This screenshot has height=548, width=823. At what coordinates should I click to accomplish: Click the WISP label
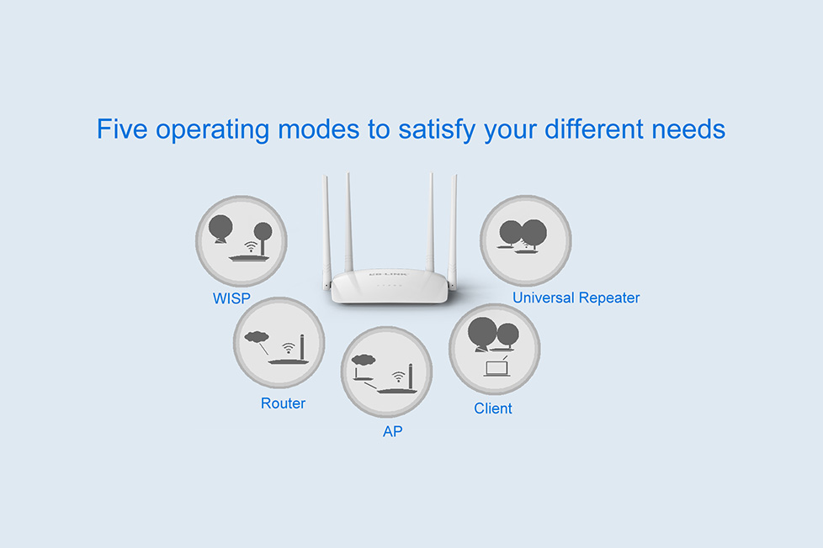pos(231,298)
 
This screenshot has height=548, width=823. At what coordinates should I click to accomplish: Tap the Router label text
pos(283,403)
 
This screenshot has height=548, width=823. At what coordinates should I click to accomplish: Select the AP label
pos(393,431)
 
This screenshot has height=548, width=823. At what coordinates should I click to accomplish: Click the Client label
pos(493,408)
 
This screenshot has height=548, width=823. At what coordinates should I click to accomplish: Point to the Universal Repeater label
pos(576,298)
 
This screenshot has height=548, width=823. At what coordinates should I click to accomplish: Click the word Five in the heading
pos(122,129)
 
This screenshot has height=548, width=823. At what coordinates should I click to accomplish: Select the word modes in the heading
pos(319,129)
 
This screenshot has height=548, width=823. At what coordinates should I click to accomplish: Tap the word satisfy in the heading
pos(437,130)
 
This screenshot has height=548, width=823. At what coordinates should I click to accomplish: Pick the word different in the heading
pos(593,129)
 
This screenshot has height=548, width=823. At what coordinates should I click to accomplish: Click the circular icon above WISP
pos(242,241)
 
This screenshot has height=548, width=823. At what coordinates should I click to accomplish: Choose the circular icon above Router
pos(279,343)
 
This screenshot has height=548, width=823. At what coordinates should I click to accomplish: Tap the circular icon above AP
pos(387,371)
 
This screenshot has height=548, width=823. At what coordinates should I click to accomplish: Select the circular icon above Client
pos(495,350)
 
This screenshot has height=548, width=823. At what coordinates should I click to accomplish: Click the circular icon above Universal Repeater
pos(525,240)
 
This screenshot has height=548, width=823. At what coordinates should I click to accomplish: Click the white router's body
pos(390,286)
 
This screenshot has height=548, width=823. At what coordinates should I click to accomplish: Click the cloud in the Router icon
pos(257,337)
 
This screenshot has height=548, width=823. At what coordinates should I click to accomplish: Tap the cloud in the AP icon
pos(364,360)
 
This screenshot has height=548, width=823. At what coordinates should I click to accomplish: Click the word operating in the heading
pos(213,130)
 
